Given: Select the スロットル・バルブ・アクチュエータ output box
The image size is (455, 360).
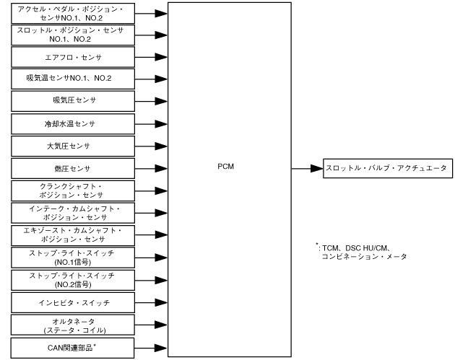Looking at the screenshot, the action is [x=387, y=169].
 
